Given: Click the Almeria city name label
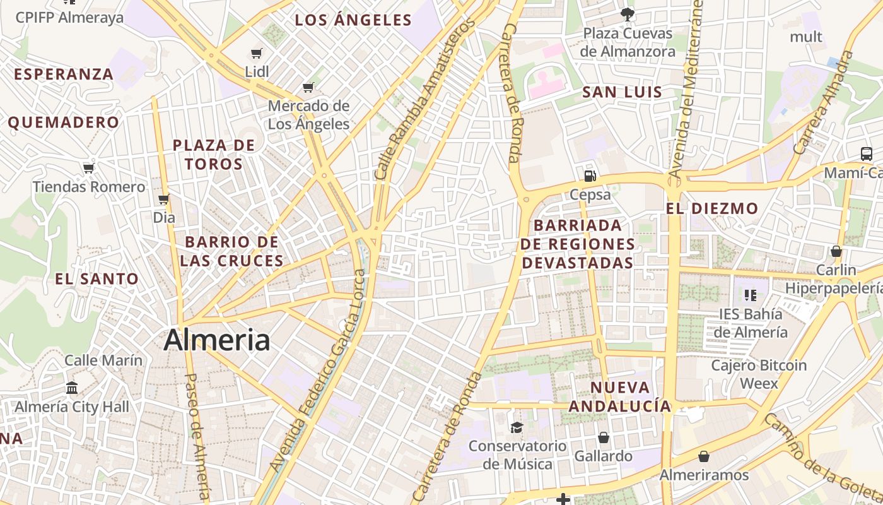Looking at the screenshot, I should (x=217, y=340).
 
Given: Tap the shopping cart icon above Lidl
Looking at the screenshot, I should (x=256, y=54).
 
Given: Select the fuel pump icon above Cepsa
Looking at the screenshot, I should (x=590, y=175).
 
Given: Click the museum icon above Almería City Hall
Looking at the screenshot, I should (x=72, y=388).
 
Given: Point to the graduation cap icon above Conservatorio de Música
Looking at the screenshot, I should (x=517, y=427).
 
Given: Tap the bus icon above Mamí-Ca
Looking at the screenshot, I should (x=866, y=153).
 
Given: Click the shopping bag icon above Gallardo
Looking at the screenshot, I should (x=603, y=437).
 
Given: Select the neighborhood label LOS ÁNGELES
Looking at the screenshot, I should (x=353, y=20).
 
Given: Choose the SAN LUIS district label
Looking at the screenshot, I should (x=622, y=92).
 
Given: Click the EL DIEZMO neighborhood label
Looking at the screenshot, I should (x=712, y=208).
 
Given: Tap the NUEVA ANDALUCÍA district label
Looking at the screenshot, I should (x=620, y=396).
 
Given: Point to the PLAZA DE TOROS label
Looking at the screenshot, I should (x=214, y=155).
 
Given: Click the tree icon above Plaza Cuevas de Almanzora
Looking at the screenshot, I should (x=627, y=14).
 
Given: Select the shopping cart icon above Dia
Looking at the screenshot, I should (x=164, y=199).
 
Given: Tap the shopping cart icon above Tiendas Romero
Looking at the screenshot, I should (x=89, y=168).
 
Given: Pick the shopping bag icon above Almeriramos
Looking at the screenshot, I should (x=704, y=456).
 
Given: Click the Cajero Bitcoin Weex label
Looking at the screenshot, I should (x=759, y=374).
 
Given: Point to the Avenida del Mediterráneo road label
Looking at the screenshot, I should (x=686, y=88).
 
